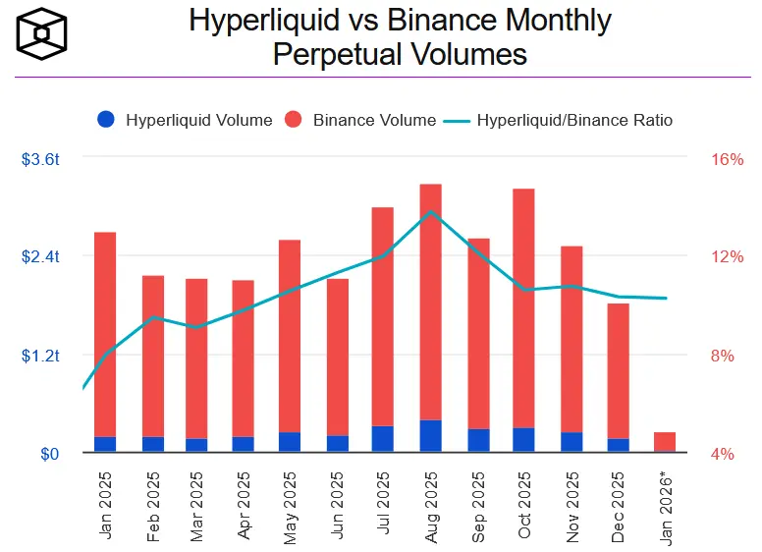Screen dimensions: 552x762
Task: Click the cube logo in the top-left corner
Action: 42,36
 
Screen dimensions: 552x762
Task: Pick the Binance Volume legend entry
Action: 362,120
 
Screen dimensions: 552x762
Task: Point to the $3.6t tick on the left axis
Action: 40,158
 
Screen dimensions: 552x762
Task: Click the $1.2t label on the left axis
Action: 40,355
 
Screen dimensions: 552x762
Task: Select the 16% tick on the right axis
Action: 726,159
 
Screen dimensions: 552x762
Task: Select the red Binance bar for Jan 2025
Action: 105,334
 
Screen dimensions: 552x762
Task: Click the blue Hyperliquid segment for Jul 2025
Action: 383,439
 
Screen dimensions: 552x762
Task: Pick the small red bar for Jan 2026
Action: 664,442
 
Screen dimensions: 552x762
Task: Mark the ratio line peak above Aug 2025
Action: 431,212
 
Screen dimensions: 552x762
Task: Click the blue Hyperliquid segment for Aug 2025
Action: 430,436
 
